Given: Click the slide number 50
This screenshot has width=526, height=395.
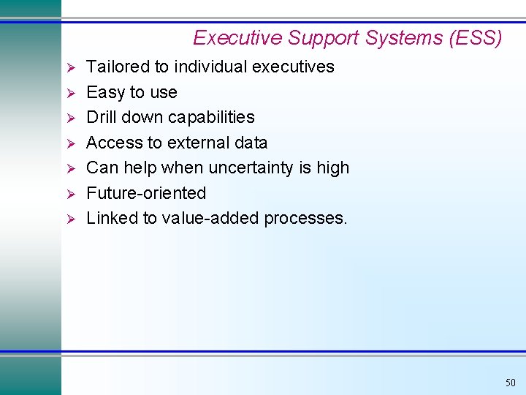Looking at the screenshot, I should click(x=509, y=383).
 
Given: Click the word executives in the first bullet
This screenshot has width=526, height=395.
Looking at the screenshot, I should click(x=292, y=67).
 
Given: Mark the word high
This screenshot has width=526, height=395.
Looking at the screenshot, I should click(x=332, y=168).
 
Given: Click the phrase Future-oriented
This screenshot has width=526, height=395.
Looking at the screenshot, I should click(x=146, y=193).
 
